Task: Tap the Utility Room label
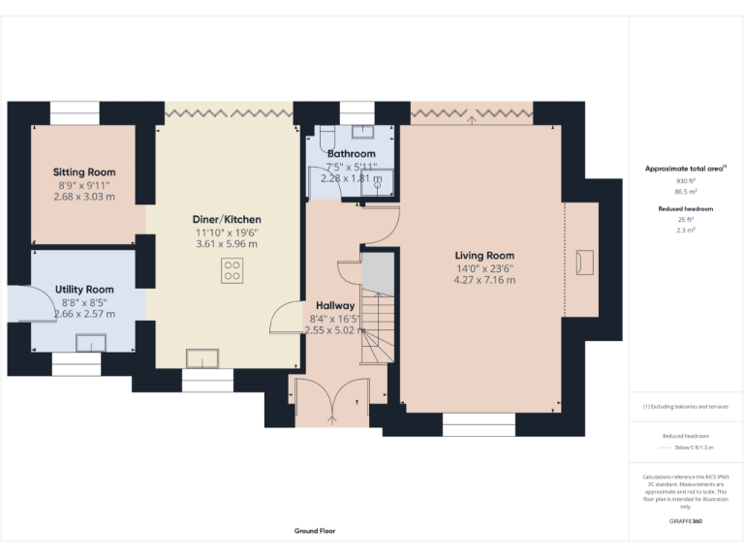84,289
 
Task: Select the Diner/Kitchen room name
227,219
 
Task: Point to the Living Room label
484,256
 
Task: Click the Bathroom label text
351,154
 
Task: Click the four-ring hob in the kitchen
232,271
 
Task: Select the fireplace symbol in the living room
585,261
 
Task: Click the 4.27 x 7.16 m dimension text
484,280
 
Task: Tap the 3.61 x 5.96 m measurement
227,244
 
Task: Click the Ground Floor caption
315,531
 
